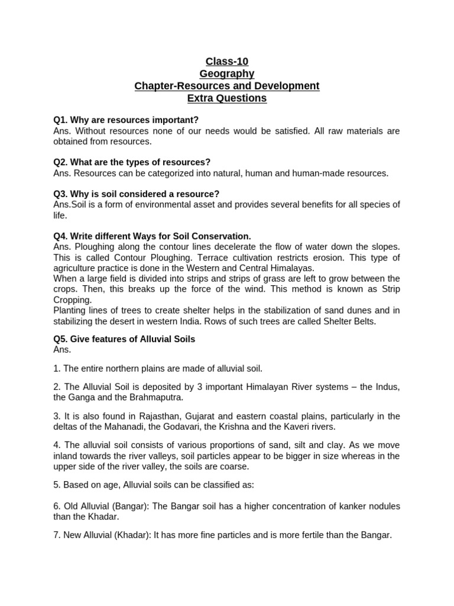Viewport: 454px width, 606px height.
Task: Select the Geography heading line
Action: [227, 73]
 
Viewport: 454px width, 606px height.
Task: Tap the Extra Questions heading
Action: [227, 98]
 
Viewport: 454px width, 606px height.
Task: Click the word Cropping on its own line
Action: [73, 300]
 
